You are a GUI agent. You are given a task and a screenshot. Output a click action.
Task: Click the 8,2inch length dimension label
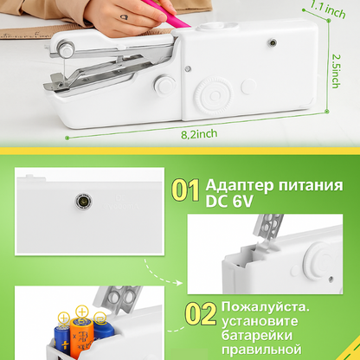[x=199, y=134]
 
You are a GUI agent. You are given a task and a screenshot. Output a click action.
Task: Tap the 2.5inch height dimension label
[x=336, y=71]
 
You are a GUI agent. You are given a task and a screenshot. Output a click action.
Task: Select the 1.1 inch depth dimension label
[x=328, y=10]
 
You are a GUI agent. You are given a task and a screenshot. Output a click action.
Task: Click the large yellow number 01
[x=185, y=190]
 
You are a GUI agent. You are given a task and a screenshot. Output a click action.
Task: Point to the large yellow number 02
[x=201, y=313]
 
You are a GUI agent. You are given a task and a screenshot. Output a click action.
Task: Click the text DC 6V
[x=229, y=201]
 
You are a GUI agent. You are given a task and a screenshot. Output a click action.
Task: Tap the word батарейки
[x=257, y=335]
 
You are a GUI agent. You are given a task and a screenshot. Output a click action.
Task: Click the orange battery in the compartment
[x=81, y=335]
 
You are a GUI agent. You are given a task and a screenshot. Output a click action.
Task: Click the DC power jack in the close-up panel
[x=84, y=201]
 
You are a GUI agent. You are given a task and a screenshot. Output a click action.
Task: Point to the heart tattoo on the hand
[x=124, y=17]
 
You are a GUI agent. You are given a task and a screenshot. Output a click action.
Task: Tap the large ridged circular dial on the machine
[x=214, y=95]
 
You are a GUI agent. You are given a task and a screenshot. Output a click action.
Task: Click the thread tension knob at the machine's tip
[x=66, y=48]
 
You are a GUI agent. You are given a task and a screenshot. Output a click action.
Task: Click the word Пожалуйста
[x=266, y=307]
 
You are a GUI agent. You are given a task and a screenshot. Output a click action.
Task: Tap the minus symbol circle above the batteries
[x=100, y=318]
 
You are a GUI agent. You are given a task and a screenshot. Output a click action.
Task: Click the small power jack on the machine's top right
[x=272, y=43]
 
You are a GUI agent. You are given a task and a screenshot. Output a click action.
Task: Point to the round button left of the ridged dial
[x=165, y=85]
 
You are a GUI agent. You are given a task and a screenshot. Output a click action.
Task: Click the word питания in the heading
[x=311, y=185]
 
